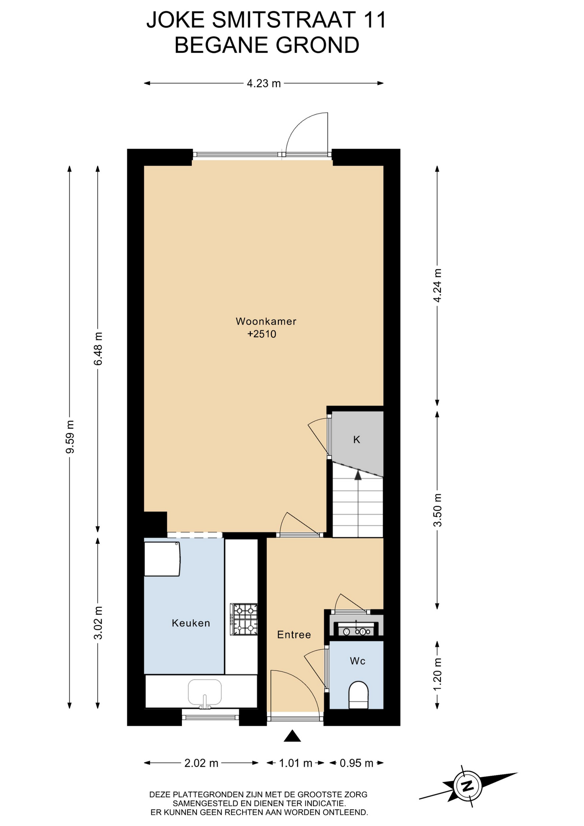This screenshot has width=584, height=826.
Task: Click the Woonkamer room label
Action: pos(266,321)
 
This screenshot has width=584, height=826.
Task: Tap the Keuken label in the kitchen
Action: pos(191,623)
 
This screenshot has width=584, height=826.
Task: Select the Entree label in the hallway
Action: pos(294,635)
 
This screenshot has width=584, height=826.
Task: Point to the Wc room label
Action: pos(357,661)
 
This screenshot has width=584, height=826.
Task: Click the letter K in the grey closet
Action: pos(357,440)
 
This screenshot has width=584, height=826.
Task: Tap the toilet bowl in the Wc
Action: pos(358,695)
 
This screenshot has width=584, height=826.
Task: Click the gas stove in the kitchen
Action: pos(244,619)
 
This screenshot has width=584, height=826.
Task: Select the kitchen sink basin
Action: pos(205,692)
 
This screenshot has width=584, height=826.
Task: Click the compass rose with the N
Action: pos(467,786)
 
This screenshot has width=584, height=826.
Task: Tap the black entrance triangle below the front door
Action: pos(292,736)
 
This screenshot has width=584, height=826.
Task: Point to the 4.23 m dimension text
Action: pos(264,83)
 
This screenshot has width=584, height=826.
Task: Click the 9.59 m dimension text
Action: pos(70,437)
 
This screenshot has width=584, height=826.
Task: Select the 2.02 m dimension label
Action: pos(201,763)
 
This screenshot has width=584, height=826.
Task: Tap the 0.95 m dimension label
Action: pos(357,763)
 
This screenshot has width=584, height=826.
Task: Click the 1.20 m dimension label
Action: pos(437,674)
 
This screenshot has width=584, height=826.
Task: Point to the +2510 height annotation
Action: pos(261,334)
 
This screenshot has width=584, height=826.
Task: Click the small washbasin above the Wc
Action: pos(356,631)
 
